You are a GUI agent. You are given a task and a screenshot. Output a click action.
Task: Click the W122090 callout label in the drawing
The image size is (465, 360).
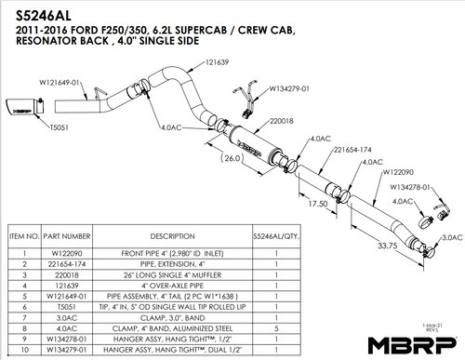tap(405, 171)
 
